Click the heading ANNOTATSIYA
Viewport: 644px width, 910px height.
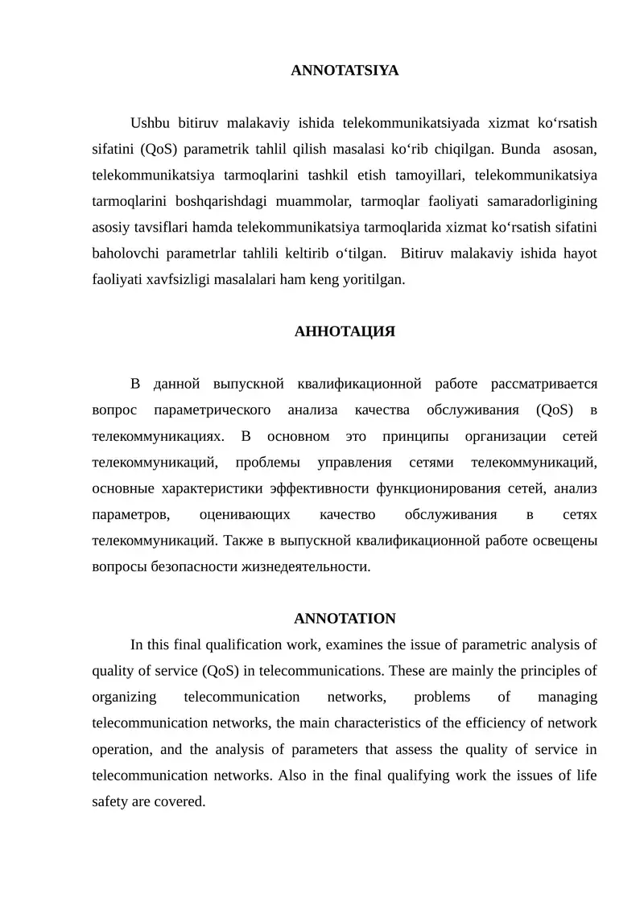pos(345,71)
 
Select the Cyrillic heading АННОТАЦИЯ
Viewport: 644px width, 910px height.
pos(345,331)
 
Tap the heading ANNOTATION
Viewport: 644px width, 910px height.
pos(345,619)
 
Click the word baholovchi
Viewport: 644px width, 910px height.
pos(126,253)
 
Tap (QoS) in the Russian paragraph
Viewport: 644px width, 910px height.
pos(554,410)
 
